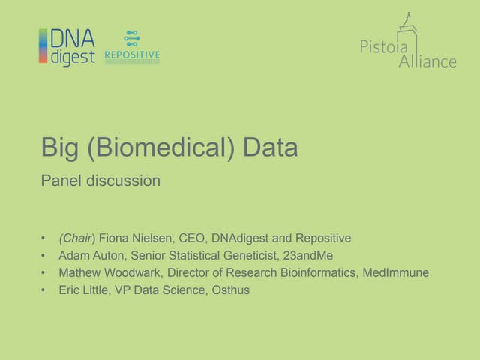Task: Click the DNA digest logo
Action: [x=67, y=47]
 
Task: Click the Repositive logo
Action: [x=132, y=47]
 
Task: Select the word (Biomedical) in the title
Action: [x=157, y=148]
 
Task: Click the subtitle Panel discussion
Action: [x=100, y=181]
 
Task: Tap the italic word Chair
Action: [x=76, y=238]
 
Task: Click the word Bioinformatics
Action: [x=316, y=272]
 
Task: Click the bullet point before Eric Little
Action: [x=44, y=289]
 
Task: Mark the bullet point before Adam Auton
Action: [x=44, y=255]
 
